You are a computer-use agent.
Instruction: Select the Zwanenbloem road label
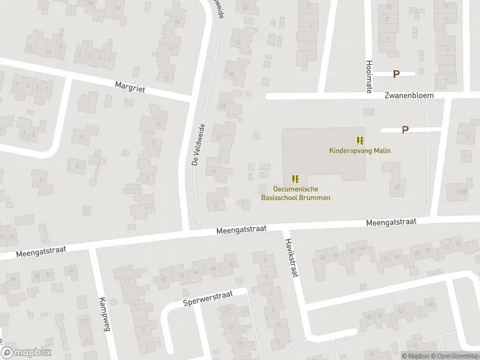point(410,95)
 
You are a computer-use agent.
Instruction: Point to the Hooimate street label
point(368,76)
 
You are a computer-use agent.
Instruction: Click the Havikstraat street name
point(292,256)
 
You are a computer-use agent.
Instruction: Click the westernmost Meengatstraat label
point(40,249)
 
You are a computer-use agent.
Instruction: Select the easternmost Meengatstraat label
point(392,222)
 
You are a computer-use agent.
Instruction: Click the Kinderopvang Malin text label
point(360,151)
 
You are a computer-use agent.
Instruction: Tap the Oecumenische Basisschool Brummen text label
point(296,193)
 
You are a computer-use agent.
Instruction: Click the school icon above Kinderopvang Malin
point(360,140)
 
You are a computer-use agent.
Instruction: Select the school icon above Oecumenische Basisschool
point(295,179)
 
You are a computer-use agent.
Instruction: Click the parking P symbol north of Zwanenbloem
point(396,74)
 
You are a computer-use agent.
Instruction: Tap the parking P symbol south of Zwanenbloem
point(405,130)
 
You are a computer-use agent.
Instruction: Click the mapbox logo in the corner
point(25,353)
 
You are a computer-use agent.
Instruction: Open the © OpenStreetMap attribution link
point(455,355)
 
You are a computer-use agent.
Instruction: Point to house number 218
point(462,191)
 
